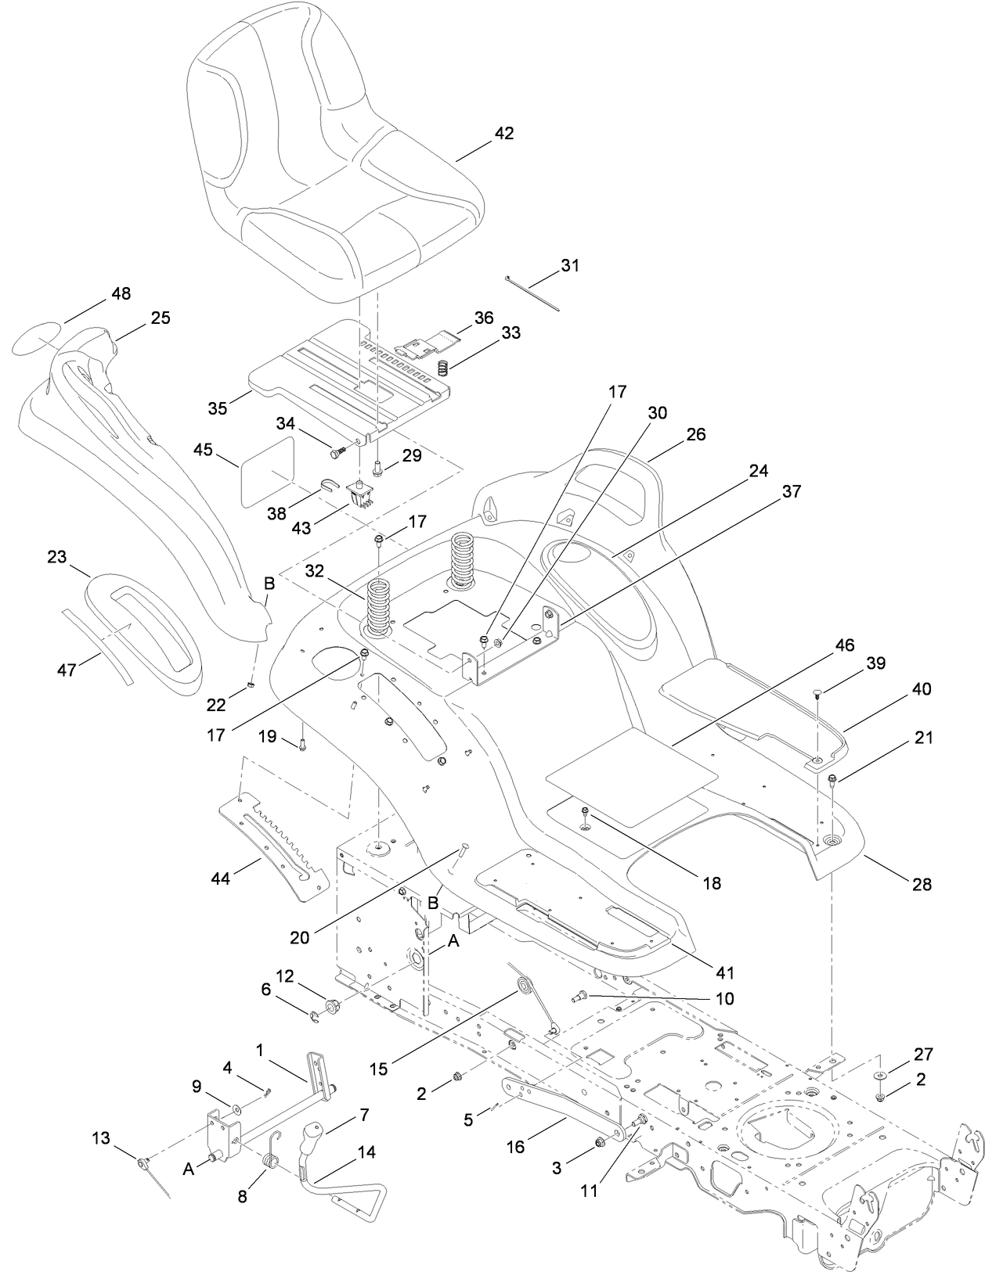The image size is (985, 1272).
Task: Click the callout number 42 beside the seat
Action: [x=504, y=133]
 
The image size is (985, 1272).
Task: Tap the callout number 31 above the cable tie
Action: [x=570, y=265]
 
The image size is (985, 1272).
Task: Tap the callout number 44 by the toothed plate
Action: [x=221, y=879]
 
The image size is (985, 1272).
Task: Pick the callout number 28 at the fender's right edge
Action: [x=922, y=884]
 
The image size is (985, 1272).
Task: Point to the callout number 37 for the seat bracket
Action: [x=792, y=491]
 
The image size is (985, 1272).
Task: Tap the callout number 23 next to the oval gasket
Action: [x=57, y=556]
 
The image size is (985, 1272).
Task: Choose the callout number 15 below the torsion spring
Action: [x=379, y=1069]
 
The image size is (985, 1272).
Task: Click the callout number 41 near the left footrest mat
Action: [x=725, y=972]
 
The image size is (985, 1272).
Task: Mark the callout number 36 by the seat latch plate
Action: [x=484, y=318]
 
